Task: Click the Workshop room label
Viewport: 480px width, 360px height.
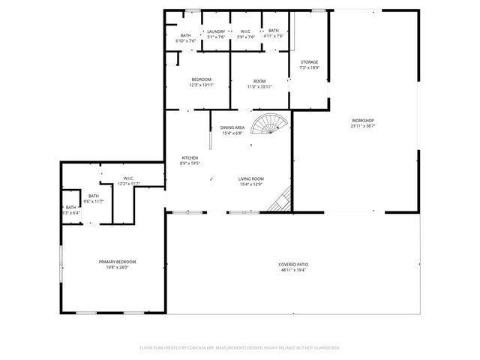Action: coord(363,121)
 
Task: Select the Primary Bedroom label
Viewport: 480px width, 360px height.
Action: coord(117,261)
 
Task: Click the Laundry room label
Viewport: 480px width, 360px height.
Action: coord(216,31)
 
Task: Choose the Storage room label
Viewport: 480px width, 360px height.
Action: coord(309,62)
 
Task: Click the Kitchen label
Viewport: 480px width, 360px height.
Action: coord(189,157)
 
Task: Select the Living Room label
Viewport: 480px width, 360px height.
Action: coord(250,178)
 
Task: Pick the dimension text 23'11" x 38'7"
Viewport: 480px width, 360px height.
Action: coord(363,125)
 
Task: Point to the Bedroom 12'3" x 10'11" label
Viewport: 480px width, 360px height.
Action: coord(201,79)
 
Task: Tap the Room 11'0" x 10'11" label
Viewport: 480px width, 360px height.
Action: coord(259,81)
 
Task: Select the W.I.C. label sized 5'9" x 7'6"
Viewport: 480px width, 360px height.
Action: coord(246,31)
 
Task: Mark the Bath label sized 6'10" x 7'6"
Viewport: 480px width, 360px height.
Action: coord(185,35)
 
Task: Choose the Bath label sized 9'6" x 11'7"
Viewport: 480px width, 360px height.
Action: coord(94,195)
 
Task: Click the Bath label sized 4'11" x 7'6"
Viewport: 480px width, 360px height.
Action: coord(274,31)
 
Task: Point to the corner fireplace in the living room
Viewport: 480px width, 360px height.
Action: coord(282,199)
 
